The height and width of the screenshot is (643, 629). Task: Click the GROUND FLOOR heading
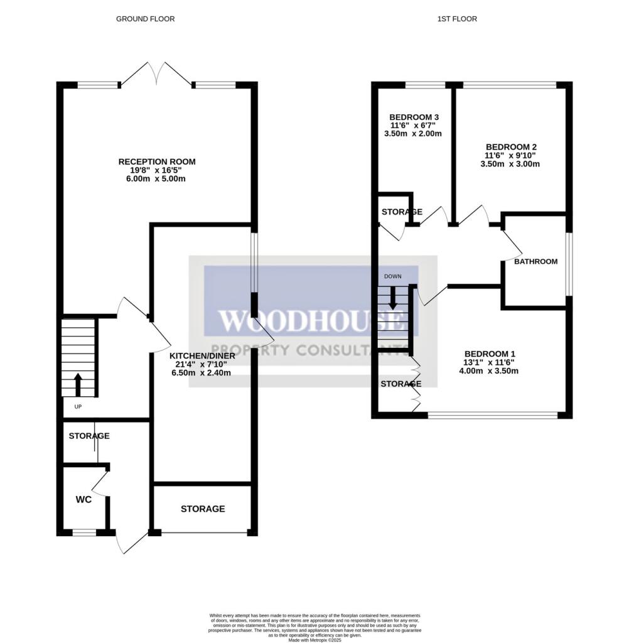click(145, 19)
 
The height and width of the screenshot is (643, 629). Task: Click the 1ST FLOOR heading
click(457, 19)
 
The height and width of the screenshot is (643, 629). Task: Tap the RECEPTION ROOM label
click(157, 162)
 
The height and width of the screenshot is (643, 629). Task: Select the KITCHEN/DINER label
click(202, 355)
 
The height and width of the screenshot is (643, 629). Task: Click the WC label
click(83, 500)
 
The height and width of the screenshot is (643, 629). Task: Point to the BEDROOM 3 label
click(414, 117)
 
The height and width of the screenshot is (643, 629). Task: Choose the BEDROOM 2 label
click(510, 147)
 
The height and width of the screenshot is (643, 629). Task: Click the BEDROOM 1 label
click(488, 354)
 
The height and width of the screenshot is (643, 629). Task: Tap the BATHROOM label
click(535, 261)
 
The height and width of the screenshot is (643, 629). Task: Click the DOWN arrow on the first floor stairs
click(394, 297)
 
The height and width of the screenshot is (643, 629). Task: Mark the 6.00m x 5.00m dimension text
click(157, 179)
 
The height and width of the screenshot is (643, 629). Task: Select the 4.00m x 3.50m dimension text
click(488, 371)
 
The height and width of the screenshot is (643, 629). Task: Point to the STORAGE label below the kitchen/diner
click(203, 509)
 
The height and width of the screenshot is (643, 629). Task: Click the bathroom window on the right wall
click(569, 264)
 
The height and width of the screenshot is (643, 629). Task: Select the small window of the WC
click(84, 532)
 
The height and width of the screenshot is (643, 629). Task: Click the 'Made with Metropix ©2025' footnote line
click(314, 640)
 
